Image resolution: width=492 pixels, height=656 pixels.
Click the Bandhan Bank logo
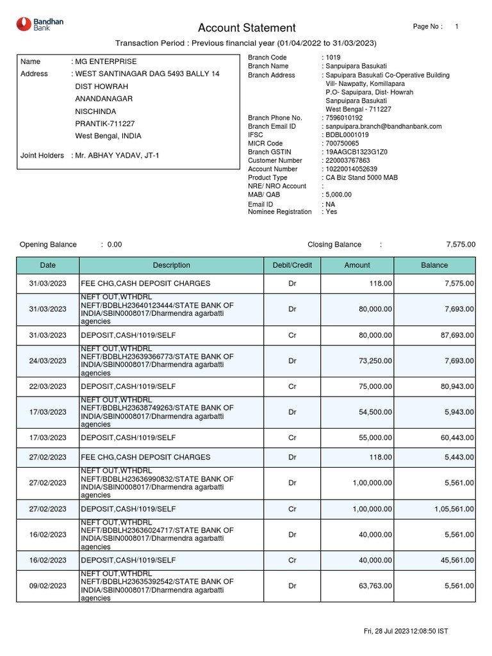pos(40,25)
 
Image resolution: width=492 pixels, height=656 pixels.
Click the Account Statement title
pos(247,28)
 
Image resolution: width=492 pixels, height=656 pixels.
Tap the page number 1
pos(456,26)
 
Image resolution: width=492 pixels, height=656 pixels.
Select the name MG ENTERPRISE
pos(106,61)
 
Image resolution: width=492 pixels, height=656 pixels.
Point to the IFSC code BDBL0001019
pos(347,135)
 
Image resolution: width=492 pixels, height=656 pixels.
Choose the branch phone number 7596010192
pos(343,118)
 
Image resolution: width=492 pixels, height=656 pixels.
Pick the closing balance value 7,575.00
pos(461,245)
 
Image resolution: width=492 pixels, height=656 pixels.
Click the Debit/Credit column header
pos(292,265)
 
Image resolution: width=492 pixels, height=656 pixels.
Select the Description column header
pos(171,265)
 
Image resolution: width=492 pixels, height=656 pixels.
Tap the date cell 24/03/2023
pos(47,361)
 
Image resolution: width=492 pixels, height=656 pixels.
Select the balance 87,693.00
pos(455,335)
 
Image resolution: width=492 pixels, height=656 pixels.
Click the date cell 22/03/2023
pos(47,386)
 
